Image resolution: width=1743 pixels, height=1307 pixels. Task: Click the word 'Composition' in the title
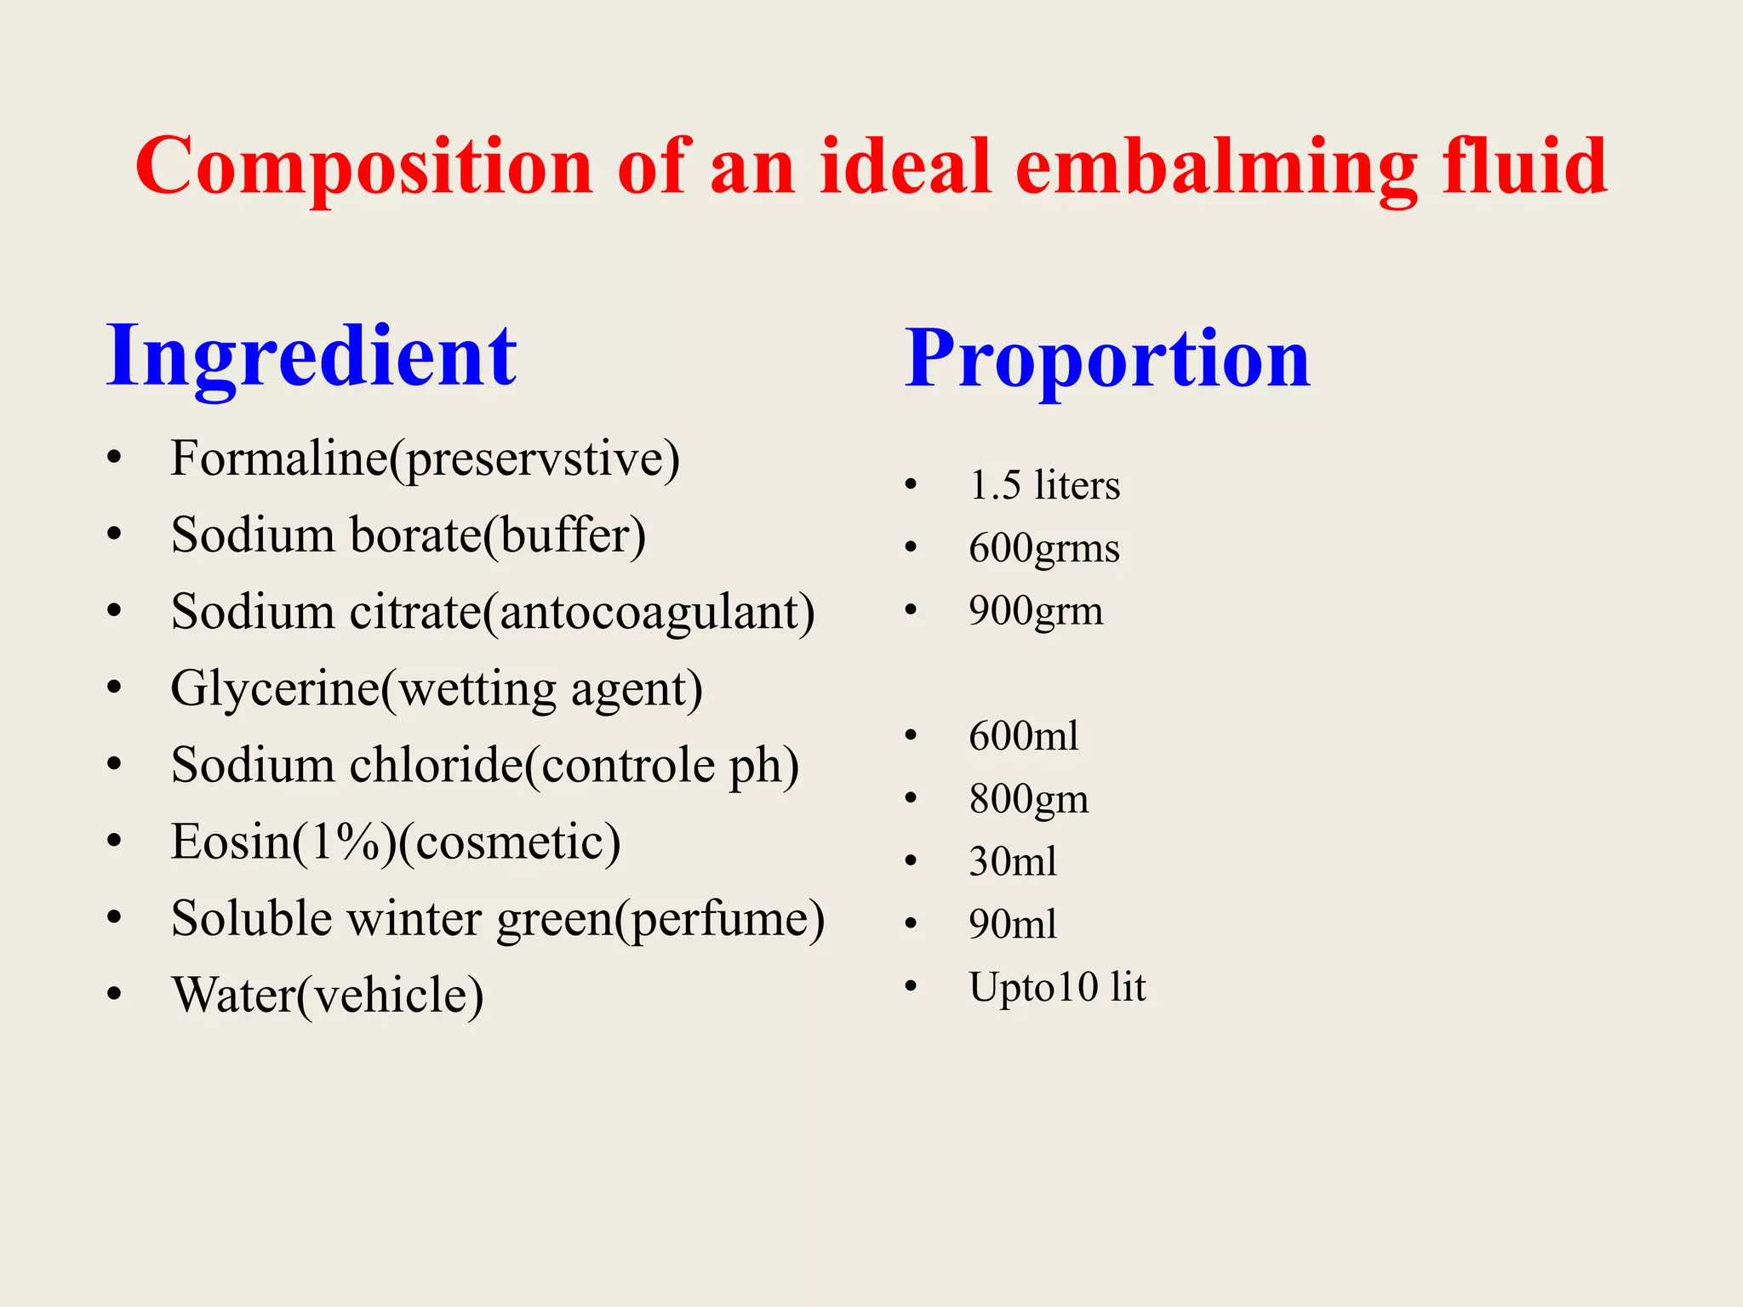point(363,167)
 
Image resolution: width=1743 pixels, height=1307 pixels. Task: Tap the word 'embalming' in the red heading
point(1215,167)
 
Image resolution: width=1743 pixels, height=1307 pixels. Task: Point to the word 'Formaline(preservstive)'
point(425,459)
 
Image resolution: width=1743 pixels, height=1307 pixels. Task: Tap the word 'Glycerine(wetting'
point(363,689)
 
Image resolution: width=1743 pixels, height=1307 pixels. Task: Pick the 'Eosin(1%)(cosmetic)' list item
point(396,842)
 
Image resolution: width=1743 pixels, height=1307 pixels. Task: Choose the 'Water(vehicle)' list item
point(327,996)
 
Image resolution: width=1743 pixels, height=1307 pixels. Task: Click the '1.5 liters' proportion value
point(1044,486)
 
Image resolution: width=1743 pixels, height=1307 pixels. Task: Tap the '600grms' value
point(1044,548)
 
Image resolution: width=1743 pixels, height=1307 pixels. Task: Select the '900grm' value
point(1036,611)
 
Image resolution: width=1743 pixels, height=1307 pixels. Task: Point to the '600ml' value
point(1023,736)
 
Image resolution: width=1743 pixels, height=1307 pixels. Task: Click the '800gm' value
point(1028,799)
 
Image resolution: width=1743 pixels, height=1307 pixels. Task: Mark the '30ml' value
point(1013,862)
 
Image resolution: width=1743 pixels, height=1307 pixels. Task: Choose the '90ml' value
point(1013,924)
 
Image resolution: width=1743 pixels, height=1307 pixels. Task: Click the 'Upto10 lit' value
point(1057,987)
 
